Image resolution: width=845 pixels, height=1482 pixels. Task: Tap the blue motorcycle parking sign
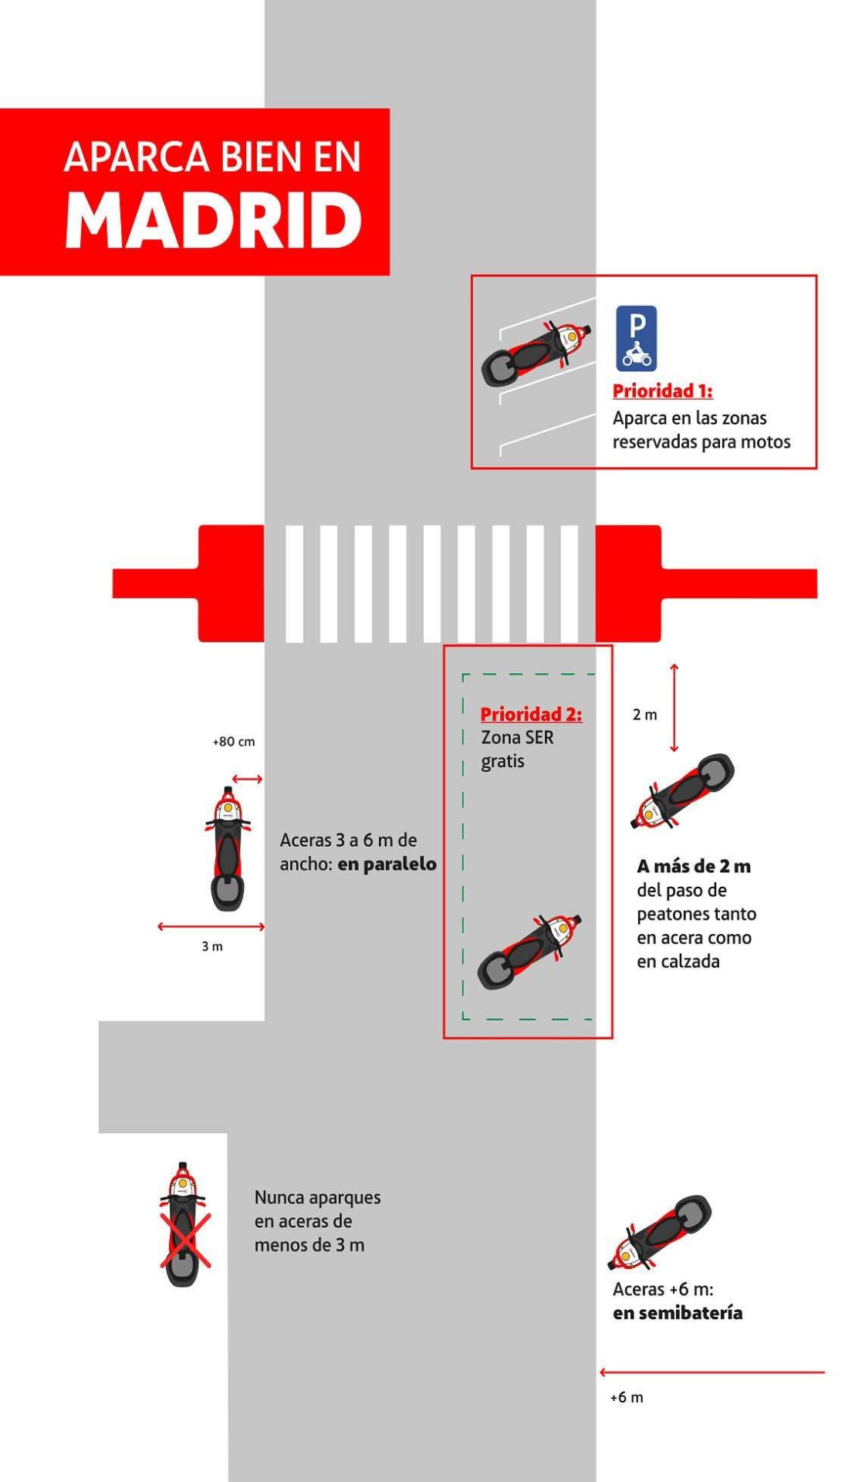(636, 338)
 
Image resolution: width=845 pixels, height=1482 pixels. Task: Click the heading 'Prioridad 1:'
(662, 391)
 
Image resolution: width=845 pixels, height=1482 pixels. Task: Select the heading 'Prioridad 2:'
(531, 714)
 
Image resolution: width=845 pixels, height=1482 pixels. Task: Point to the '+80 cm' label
(234, 742)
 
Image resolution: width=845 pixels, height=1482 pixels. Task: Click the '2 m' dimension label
(645, 715)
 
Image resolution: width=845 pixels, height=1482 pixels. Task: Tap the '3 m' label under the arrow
(212, 946)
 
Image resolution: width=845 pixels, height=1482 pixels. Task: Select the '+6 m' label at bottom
(627, 1397)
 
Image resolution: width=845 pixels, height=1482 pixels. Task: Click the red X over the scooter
(185, 1240)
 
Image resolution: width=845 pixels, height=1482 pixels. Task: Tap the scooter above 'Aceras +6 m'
(661, 1232)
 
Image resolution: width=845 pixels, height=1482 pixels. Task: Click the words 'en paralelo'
(387, 864)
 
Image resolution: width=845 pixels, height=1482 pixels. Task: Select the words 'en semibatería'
(678, 1313)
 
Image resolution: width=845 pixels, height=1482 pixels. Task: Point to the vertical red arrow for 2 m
(674, 708)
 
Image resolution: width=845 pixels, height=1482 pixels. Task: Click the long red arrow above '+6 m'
(712, 1372)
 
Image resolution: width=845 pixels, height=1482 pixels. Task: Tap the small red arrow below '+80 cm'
(248, 779)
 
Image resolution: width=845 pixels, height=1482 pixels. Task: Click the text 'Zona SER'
(517, 738)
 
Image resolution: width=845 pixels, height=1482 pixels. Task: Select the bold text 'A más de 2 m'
(694, 866)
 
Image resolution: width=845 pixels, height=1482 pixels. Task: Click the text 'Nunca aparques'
(318, 1198)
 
